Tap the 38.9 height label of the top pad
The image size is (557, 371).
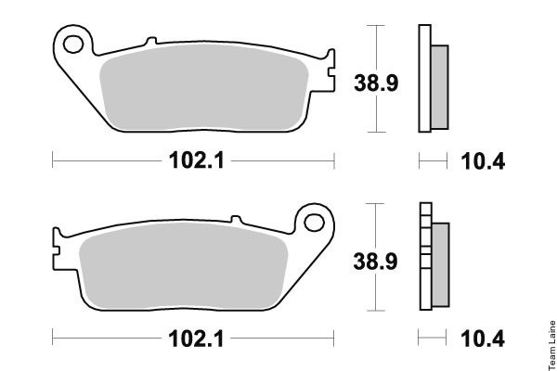pyautogui.click(x=376, y=83)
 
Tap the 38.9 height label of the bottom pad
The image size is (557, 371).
pyautogui.click(x=375, y=262)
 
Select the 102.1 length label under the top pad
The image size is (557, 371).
pyautogui.click(x=197, y=160)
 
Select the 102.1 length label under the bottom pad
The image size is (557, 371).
pyautogui.click(x=196, y=339)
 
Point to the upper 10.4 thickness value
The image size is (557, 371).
pyautogui.click(x=483, y=161)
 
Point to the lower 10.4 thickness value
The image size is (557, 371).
pyautogui.click(x=483, y=339)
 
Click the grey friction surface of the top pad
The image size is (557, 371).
pyautogui.click(x=204, y=87)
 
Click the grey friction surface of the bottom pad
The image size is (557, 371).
pyautogui.click(x=183, y=265)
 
